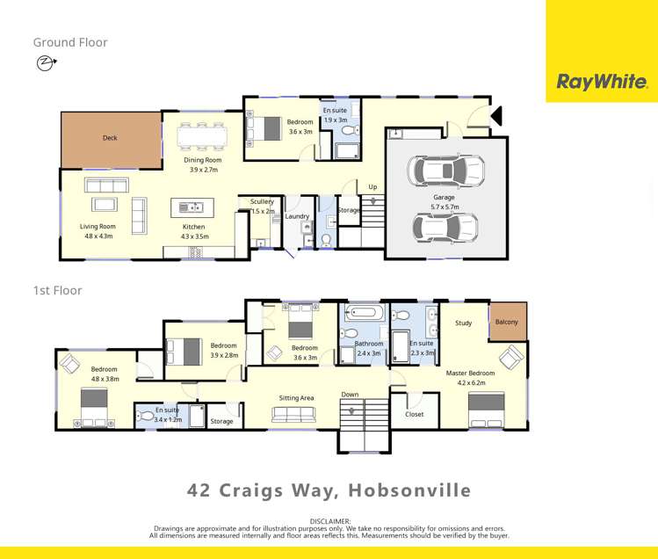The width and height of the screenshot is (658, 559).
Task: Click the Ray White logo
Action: [x=601, y=82]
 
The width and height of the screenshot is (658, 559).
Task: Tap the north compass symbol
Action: [x=45, y=62]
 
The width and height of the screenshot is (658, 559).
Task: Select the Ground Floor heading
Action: [x=70, y=42]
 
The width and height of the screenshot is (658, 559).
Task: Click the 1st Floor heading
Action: [x=57, y=291]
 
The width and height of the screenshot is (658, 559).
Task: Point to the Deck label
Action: [x=110, y=138]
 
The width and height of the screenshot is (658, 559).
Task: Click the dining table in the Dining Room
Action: [x=202, y=137]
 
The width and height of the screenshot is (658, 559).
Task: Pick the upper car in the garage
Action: [x=445, y=171]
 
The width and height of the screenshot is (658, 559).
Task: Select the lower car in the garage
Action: [x=445, y=228]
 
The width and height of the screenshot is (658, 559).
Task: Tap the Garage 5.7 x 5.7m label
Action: [x=444, y=202]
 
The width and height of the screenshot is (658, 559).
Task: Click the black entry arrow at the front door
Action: [x=495, y=116]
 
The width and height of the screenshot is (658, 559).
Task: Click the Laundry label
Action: [x=297, y=216]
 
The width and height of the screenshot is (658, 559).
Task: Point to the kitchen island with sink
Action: [x=192, y=208]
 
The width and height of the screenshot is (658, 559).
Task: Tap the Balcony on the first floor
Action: [x=507, y=322]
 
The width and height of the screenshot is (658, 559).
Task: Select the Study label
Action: [x=463, y=323]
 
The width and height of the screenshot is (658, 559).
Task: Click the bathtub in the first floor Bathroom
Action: [x=363, y=313]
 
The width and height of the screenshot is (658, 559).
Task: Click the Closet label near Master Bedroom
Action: [x=414, y=414]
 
